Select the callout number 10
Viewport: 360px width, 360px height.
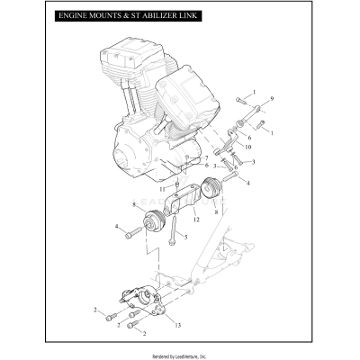click(248, 146)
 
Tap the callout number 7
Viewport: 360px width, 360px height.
click(206, 158)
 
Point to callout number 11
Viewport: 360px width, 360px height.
click(162, 189)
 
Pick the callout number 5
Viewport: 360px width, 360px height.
click(185, 237)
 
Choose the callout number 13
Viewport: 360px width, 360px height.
click(176, 323)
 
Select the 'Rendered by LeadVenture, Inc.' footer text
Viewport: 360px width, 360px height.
click(180, 352)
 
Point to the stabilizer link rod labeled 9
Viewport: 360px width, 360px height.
click(249, 112)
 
